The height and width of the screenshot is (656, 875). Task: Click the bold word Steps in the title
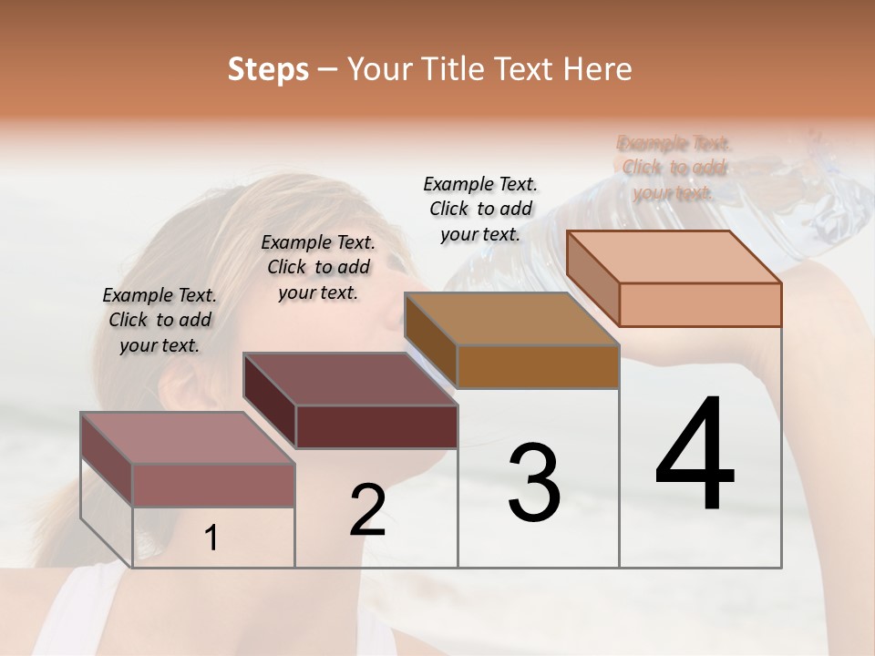click(268, 69)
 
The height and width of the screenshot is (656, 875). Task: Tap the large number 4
click(695, 456)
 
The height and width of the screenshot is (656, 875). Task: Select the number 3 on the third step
click(534, 483)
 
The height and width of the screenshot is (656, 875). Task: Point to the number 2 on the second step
click(367, 510)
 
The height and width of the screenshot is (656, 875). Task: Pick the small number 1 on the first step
click(211, 538)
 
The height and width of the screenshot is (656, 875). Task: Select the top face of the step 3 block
click(511, 318)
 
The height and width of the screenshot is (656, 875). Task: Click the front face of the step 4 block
click(700, 304)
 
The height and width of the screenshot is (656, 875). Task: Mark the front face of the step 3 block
click(538, 366)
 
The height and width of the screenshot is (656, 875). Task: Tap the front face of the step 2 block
click(376, 426)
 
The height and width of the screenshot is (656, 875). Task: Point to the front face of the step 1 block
click(214, 485)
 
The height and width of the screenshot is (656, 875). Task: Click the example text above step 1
click(160, 320)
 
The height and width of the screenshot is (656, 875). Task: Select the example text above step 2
click(318, 267)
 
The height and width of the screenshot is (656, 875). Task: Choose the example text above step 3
click(480, 209)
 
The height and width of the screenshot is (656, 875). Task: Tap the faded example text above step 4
click(674, 168)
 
